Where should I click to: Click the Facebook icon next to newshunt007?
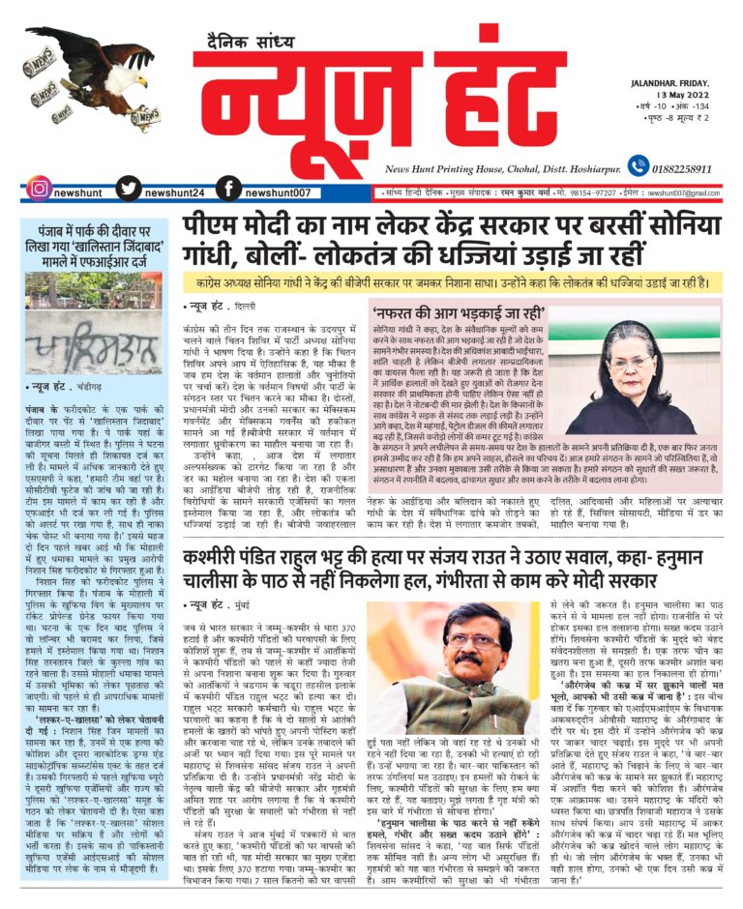tap(228, 190)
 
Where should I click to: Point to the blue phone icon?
tap(637, 165)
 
